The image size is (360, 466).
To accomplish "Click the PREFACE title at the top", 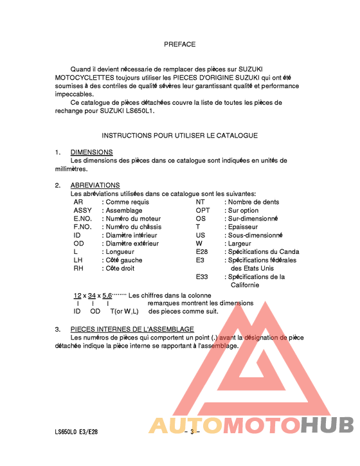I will [179, 44].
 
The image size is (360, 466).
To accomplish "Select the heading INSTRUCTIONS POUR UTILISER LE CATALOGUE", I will [179, 136].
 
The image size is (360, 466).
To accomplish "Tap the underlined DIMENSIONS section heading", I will [91, 152].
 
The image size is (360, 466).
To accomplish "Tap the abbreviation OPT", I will [203, 210].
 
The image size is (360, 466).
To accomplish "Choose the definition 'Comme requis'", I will [127, 202].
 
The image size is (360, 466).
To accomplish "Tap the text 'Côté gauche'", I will [124, 260].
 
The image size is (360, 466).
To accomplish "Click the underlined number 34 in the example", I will [92, 295].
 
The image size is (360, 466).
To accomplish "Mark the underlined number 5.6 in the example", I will [107, 295].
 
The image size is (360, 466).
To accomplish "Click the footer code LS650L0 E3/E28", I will [76, 432].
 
